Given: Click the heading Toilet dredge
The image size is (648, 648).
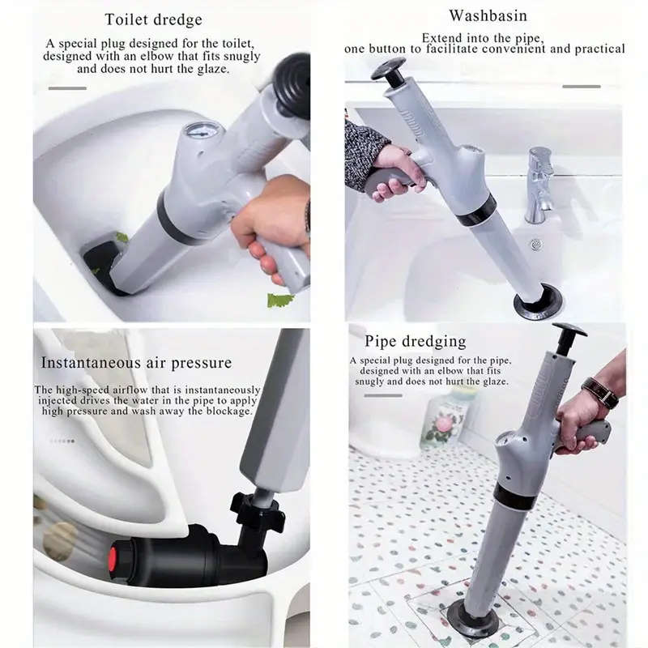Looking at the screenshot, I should [x=153, y=19].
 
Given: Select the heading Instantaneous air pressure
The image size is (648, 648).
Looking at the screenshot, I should [x=136, y=362].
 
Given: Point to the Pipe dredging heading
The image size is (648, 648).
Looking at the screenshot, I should [x=415, y=340].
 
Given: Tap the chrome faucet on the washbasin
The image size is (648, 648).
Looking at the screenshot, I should [x=539, y=182].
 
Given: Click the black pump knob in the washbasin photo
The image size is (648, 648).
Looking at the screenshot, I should [x=389, y=70].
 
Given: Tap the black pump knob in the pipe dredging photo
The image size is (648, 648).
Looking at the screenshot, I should [x=569, y=330].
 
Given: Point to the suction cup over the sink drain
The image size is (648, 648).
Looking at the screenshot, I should [x=538, y=304].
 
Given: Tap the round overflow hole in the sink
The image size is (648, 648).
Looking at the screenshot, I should [x=535, y=244].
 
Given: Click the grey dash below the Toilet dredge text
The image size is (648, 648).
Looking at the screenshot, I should [x=67, y=87].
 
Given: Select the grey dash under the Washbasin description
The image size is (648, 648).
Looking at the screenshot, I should [x=581, y=86].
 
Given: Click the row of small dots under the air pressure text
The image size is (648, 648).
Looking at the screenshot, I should [x=62, y=441].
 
